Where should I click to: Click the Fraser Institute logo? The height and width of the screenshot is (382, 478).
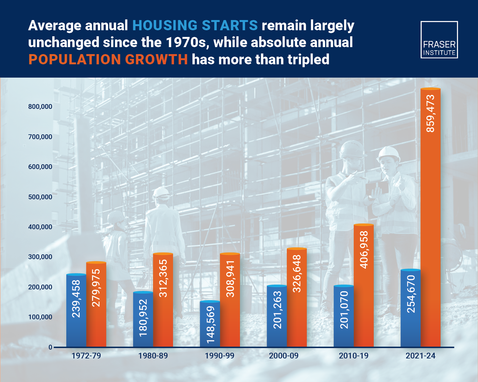click(x=439, y=40)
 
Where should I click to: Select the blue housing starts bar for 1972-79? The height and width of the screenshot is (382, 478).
click(x=76, y=310)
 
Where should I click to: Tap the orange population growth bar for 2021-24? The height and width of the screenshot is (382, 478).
click(x=431, y=218)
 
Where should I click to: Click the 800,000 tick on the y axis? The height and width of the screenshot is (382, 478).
click(x=40, y=107)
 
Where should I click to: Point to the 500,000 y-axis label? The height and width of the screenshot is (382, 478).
click(x=40, y=197)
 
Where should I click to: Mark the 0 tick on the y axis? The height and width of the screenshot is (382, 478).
click(x=50, y=347)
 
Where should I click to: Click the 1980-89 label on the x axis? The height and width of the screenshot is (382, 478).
click(x=153, y=356)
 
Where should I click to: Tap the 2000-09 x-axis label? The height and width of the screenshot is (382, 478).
click(x=284, y=356)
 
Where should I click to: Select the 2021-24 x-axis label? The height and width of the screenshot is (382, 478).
click(x=420, y=356)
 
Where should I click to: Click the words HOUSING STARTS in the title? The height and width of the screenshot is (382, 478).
click(x=195, y=25)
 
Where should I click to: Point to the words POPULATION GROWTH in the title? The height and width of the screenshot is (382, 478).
click(x=108, y=60)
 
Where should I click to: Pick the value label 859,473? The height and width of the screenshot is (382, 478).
click(x=431, y=113)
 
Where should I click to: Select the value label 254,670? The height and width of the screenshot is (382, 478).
click(x=411, y=294)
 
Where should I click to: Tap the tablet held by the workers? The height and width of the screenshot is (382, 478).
click(x=377, y=188)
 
